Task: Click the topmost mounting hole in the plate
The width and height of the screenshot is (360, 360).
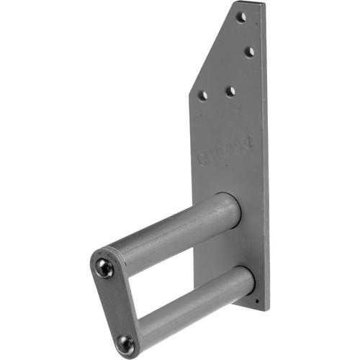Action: tap(242, 17)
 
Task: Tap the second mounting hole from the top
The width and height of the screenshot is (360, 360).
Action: tap(249, 52)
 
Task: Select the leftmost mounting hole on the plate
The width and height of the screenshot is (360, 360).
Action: tap(204, 95)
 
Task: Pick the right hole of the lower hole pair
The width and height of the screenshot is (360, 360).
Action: tap(230, 91)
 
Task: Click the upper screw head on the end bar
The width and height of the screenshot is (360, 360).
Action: tap(105, 268)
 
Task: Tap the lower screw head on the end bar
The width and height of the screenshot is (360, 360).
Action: tap(125, 343)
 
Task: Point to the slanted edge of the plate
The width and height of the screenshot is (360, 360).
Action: tap(212, 50)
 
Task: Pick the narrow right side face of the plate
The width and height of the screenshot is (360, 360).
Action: tap(265, 158)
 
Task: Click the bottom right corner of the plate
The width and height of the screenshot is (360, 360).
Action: tap(267, 310)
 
